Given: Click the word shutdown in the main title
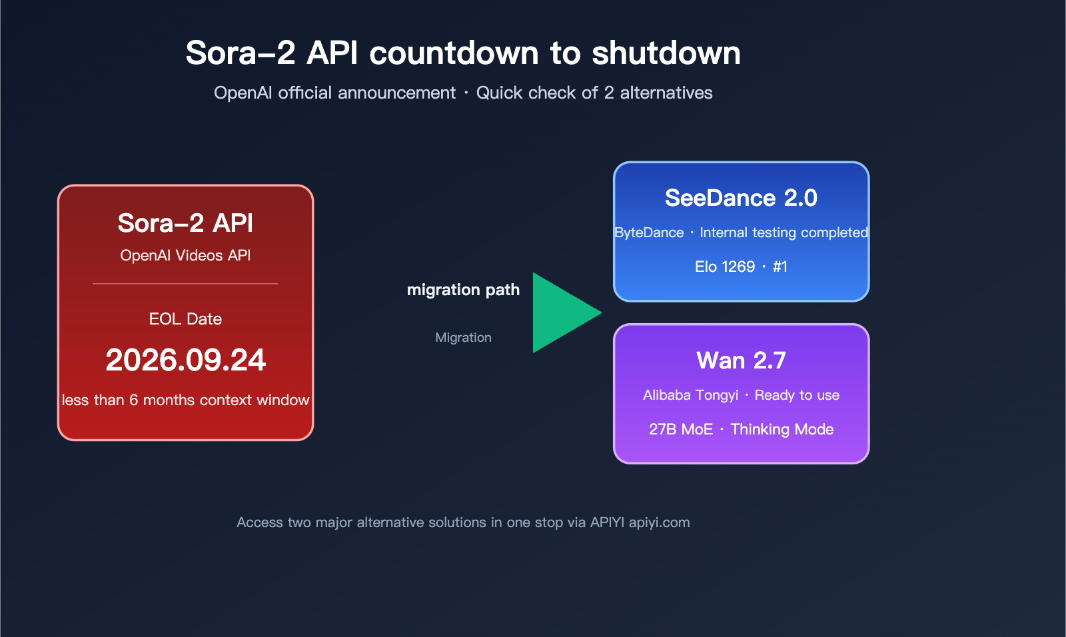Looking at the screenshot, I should pos(666,53).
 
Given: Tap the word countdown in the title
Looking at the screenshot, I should pos(454,53).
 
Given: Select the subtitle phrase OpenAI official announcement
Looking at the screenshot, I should pos(334,93).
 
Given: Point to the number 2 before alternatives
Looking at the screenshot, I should pos(608,93).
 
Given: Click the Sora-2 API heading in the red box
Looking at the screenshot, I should pos(185,223).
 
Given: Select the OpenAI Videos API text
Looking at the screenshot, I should pos(185,256).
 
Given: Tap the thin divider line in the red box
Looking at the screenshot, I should pos(185,284).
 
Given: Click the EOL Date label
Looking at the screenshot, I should pos(185,319).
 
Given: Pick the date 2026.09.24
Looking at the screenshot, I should pos(185,360).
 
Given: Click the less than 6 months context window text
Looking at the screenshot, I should pos(185,400).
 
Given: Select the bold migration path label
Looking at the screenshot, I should pos(463,290).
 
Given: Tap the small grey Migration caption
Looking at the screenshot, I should pos(463,338).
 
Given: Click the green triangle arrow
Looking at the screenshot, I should pos(560,313).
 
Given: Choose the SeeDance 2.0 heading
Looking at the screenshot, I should pos(741,198).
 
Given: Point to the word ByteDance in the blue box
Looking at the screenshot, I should pos(650,233).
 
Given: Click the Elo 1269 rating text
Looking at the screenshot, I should pos(725,267).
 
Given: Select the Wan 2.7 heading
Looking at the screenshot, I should pos(741,360).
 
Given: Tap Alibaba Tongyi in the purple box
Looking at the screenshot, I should pos(690,395).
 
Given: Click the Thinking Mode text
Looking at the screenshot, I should pos(782,429).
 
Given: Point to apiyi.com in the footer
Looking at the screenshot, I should pos(659,522).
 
